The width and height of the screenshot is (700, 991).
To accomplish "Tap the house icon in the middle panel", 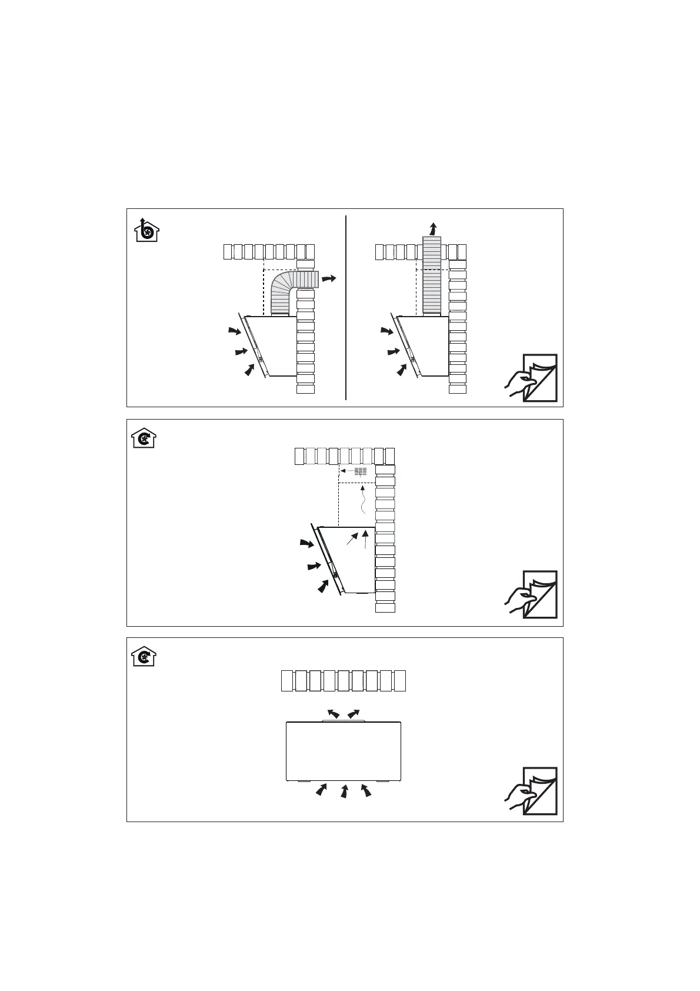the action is pos(144,438).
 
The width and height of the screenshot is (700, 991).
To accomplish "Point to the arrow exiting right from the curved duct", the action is pos(330,278).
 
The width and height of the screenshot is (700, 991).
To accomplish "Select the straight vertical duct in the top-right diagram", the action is pos(432,275).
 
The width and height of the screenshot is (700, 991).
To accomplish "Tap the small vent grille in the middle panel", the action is pos(361,471).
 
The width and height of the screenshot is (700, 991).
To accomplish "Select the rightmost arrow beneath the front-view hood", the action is pos(366,790).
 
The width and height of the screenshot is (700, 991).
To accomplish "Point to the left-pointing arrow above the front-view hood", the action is pos(333,714).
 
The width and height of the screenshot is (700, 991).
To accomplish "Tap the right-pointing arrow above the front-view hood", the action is pos(354,714).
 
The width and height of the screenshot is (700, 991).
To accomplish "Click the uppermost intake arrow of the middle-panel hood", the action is pos(306,543).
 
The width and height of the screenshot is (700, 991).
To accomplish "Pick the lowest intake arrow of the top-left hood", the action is pos(250,370).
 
